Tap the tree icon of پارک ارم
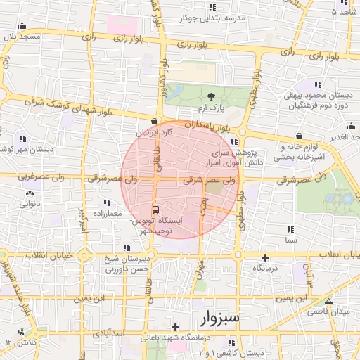pyautogui.click(x=212, y=96)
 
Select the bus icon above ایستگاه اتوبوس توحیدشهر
pyautogui.click(x=155, y=210)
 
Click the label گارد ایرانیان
pyautogui.click(x=153, y=132)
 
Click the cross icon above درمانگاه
pyautogui.click(x=265, y=258)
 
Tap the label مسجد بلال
pyautogui.click(x=20, y=35)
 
